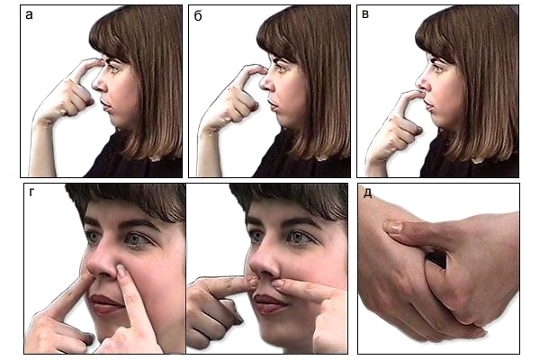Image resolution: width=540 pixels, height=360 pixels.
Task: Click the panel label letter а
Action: coord(29,14)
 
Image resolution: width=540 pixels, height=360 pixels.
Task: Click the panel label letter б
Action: coord(198,16)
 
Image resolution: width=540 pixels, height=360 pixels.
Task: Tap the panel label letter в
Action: coord(365,14)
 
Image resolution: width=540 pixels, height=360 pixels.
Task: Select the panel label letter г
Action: coord(31,193)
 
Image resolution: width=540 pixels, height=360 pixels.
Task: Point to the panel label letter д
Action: coord(368,193)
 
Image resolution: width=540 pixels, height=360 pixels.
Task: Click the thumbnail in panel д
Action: coord(393,227)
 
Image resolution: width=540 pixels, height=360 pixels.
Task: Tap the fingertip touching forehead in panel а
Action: coord(98,63)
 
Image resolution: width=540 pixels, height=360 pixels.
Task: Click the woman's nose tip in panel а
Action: coord(94,85)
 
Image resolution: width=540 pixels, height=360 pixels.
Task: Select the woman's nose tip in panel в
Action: coord(418,83)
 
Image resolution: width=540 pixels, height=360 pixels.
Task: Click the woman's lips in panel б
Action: coord(273,104)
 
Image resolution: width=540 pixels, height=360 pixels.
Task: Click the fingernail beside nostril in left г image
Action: coord(121,271)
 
